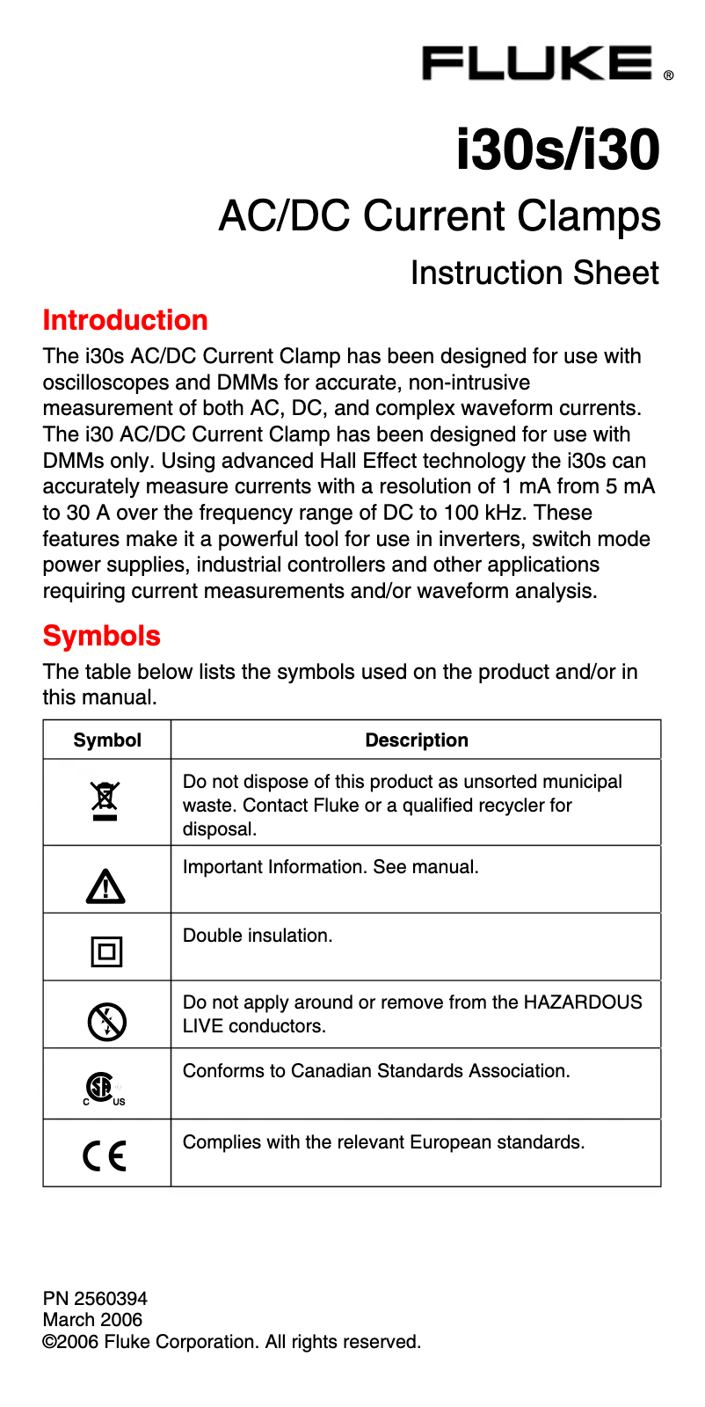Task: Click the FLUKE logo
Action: [x=538, y=63]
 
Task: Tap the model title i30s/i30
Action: [x=557, y=149]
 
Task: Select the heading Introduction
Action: [x=126, y=320]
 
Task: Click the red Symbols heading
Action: [x=102, y=636]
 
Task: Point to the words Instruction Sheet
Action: [x=534, y=273]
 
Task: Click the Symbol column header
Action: [x=107, y=740]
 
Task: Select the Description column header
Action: [x=416, y=740]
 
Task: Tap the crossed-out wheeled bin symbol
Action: [x=105, y=801]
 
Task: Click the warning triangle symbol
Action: [x=105, y=886]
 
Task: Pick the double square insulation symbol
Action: [x=106, y=951]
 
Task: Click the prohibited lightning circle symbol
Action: [x=106, y=1022]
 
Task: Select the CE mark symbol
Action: [x=105, y=1155]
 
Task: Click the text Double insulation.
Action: [x=258, y=936]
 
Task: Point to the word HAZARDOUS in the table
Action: [x=582, y=1002]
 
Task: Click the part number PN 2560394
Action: [x=95, y=1298]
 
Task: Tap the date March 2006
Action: [x=92, y=1320]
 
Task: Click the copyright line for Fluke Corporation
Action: [x=232, y=1342]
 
